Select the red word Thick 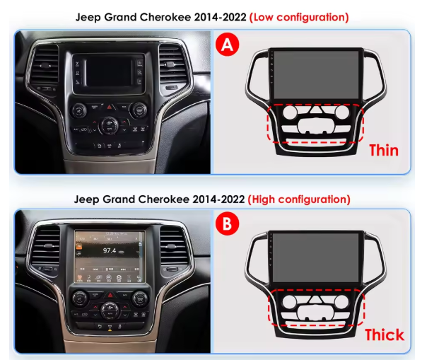(384, 334)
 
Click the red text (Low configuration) (300, 16)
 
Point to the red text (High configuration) (298, 199)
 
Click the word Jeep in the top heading (88, 16)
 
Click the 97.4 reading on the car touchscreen (110, 250)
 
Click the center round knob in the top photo (110, 124)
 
